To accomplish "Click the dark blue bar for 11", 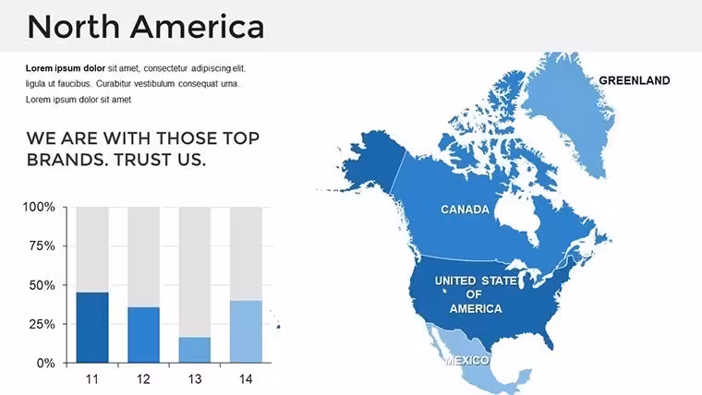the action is click(92, 328).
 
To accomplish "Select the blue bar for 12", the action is click(144, 335).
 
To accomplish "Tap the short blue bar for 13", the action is click(195, 350).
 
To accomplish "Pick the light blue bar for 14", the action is click(246, 331).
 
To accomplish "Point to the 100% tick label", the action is click(39, 207).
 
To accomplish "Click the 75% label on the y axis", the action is click(42, 246).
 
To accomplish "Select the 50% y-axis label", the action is click(42, 285).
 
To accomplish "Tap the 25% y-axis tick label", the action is click(42, 324).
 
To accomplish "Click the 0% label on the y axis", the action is click(45, 364).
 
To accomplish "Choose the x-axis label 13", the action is click(195, 379).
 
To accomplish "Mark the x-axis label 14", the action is click(246, 379).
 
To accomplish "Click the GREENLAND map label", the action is click(635, 80).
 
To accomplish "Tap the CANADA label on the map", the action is click(466, 209).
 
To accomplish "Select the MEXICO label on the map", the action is click(467, 360).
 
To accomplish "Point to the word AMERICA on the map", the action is click(476, 308).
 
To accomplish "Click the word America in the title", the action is click(198, 27).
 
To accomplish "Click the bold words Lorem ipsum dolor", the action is click(66, 68).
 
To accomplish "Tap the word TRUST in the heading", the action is click(143, 160).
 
